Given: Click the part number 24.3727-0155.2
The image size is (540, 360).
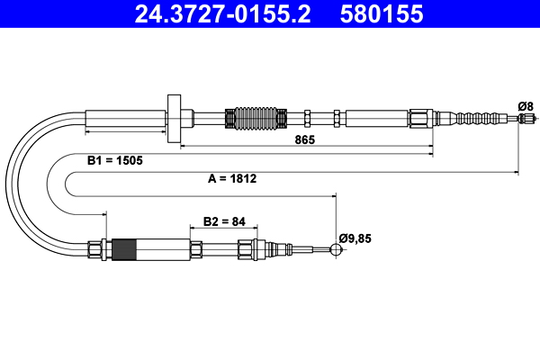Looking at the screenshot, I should [215, 14].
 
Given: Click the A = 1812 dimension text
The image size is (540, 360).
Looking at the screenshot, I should [232, 178].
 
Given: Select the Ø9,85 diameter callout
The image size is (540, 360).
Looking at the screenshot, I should [355, 238].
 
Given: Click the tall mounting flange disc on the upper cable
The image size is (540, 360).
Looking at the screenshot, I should [175, 117].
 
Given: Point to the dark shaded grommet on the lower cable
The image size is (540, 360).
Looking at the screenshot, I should [126, 249].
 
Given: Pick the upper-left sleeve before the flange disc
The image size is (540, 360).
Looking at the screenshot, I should [125, 118].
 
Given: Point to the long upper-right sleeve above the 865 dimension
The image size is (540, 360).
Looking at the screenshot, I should [375, 118].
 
